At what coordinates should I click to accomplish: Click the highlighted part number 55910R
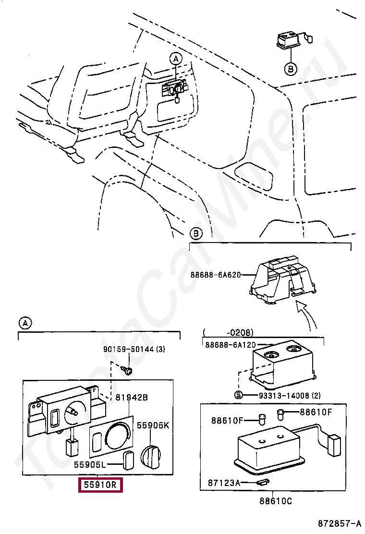[x=100, y=484]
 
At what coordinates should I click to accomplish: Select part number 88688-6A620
[x=216, y=275]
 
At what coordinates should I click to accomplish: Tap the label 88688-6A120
[x=231, y=345]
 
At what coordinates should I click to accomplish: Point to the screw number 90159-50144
[x=129, y=349]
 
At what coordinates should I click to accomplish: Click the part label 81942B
[x=132, y=397]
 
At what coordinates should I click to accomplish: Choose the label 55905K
[x=153, y=425]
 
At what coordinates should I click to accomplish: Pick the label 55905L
[x=90, y=464]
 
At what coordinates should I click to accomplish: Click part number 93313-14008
[x=285, y=395]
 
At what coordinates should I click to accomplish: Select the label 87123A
[x=224, y=483]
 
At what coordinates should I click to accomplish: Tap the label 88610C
[x=276, y=501]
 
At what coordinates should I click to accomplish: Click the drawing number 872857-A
[x=340, y=523]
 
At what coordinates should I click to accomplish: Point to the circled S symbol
[x=239, y=395]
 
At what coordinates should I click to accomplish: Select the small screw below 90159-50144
[x=127, y=370]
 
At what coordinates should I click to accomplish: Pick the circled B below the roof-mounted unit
[x=291, y=69]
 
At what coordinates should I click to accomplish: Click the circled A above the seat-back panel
[x=176, y=59]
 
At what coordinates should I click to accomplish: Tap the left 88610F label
[x=227, y=421]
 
